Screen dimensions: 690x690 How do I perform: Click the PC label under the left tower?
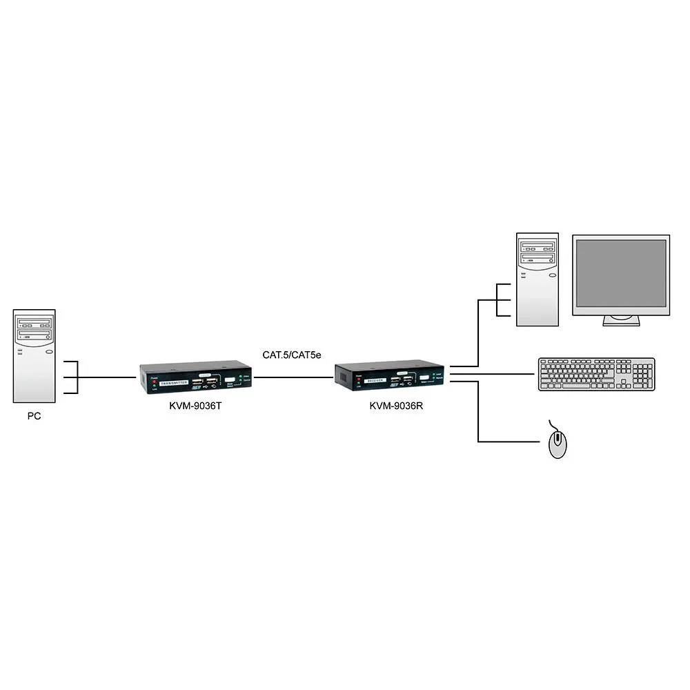pos(34,416)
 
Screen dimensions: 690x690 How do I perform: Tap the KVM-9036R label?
pos(396,406)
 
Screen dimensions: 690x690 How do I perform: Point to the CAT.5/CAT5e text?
pos(292,355)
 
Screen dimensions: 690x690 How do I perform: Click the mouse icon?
pos(558,443)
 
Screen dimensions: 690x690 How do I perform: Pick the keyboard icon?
pos(595,375)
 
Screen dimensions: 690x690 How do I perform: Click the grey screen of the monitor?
pos(621,274)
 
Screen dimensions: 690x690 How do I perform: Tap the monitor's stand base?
pos(621,322)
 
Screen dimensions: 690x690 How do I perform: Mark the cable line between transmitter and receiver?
pos(293,377)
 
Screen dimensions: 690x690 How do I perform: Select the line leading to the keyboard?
pos(493,374)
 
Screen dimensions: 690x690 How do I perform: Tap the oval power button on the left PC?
pos(49,351)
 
